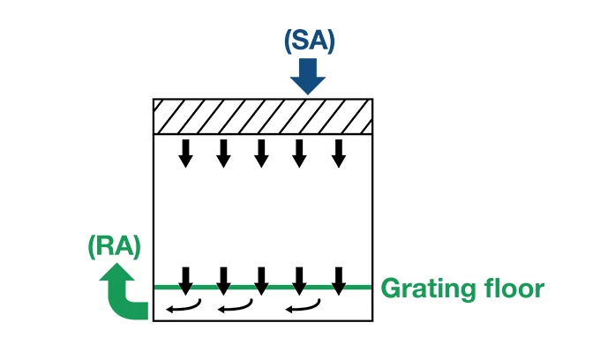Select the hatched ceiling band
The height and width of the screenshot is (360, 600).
[262, 116]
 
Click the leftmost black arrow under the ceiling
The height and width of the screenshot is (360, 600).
[185, 153]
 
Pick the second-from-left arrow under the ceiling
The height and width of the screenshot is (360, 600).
[223, 153]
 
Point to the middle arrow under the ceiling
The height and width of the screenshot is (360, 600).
[261, 153]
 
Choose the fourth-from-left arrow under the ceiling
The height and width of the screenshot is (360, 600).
[300, 153]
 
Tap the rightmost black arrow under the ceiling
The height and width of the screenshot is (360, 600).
[338, 153]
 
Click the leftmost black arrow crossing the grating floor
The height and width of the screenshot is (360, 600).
[185, 281]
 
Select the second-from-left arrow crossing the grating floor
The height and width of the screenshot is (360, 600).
[223, 281]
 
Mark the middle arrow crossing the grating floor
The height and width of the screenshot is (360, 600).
[261, 281]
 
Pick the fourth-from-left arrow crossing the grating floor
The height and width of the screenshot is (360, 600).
[300, 281]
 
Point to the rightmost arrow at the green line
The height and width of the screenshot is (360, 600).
[338, 281]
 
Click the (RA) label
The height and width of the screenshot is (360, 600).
[115, 246]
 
